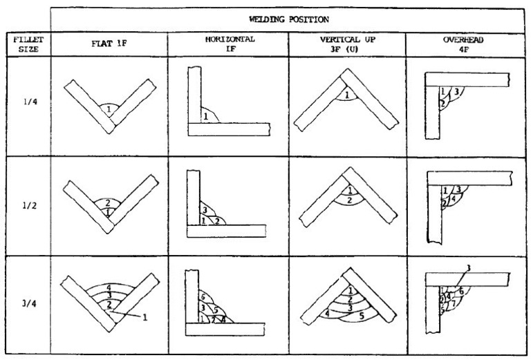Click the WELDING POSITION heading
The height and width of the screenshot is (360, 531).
point(288,19)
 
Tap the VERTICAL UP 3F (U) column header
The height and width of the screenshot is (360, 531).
point(346,44)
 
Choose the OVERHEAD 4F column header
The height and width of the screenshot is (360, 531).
point(464,44)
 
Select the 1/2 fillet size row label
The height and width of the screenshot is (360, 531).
point(24,207)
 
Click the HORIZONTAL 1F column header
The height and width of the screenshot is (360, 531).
point(228,44)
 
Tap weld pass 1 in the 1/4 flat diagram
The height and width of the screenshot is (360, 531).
point(109,109)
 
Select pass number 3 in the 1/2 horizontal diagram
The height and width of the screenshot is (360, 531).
point(204,209)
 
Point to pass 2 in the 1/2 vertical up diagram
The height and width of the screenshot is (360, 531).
point(350,200)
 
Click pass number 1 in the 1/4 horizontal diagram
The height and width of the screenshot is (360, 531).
point(205,117)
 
